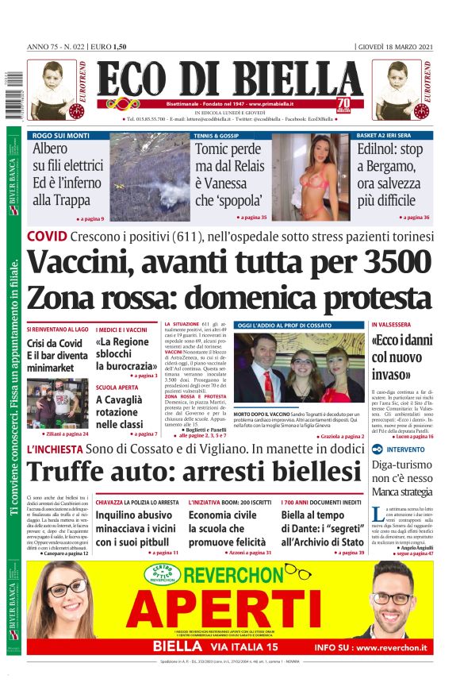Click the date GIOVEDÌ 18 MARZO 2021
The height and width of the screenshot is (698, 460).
[394, 47]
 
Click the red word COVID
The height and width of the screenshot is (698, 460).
[46, 237]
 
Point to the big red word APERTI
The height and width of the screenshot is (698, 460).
[238, 613]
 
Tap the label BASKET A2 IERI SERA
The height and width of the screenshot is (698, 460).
[389, 136]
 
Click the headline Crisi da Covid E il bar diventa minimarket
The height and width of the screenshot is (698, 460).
[57, 357]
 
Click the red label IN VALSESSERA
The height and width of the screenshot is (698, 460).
[393, 326]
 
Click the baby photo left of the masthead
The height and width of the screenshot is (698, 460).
[52, 89]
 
